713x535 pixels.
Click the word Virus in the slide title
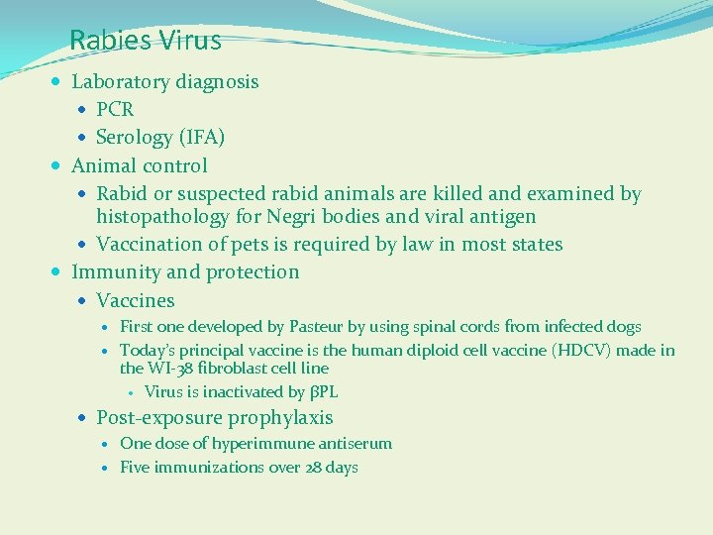[189, 41]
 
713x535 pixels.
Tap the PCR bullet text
[115, 109]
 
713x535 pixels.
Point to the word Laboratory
[121, 82]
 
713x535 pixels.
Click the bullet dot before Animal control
[59, 165]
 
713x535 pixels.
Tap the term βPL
[324, 392]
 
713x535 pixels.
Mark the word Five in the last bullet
[135, 468]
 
